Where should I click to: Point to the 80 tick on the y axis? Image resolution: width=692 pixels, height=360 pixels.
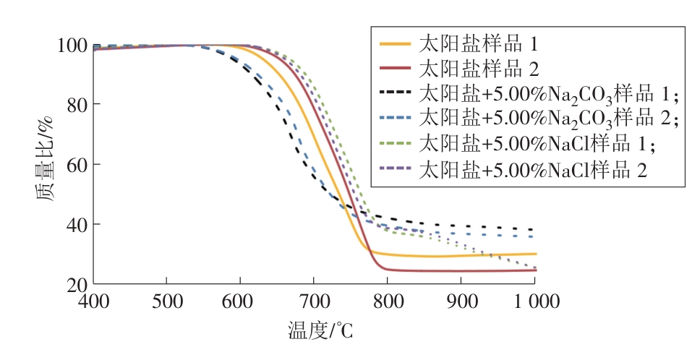click(75, 106)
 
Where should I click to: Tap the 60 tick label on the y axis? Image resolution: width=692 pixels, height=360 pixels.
click(75, 165)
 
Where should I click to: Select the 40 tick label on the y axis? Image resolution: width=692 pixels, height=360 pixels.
click(75, 225)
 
